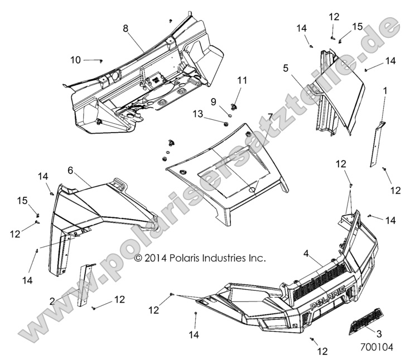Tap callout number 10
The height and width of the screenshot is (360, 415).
click(75, 60)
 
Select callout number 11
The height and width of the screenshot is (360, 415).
click(242, 81)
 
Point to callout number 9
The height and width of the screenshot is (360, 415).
click(214, 101)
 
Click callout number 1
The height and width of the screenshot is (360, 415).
click(384, 90)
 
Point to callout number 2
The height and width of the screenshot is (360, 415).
click(52, 301)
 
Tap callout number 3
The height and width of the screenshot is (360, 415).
click(379, 333)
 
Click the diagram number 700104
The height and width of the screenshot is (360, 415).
click(378, 347)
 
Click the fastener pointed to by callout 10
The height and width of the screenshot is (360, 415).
click(102, 60)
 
